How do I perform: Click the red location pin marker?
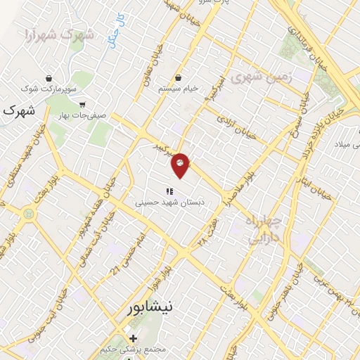point(180,165)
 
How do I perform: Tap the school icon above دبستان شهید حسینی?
point(169,191)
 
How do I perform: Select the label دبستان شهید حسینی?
point(169,202)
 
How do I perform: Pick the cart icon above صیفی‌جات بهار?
point(83,104)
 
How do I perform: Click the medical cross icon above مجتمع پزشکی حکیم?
point(132,338)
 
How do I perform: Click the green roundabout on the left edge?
point(27,211)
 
